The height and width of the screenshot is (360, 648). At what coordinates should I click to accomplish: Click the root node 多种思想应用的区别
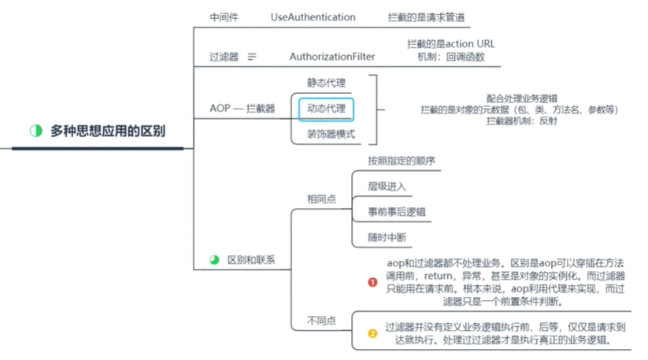click(109, 131)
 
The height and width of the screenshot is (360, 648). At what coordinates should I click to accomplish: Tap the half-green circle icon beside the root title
click(35, 131)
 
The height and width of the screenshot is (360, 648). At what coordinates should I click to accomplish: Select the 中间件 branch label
click(224, 17)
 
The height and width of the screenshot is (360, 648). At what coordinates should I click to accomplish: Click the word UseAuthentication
click(313, 17)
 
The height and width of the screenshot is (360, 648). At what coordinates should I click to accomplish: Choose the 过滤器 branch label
click(224, 57)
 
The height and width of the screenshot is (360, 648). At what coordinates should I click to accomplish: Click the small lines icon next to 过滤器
click(252, 57)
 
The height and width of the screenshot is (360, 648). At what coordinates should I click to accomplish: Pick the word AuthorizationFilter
click(332, 57)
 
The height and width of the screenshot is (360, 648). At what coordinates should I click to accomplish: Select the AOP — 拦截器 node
click(243, 108)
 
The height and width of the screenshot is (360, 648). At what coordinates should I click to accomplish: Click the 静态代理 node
click(326, 82)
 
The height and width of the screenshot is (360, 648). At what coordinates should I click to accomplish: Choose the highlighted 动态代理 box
click(326, 108)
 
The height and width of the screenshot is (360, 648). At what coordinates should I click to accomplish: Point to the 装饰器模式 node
click(331, 134)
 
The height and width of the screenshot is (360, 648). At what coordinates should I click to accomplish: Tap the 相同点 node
click(321, 199)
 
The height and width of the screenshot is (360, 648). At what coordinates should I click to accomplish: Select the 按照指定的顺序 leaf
click(402, 161)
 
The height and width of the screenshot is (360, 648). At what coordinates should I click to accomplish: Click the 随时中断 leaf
click(387, 237)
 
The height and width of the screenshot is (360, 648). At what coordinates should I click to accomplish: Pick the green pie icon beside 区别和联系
click(213, 259)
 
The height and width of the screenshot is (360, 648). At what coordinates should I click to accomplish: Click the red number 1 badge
click(373, 281)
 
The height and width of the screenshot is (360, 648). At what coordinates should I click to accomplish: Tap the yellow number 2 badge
click(373, 333)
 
